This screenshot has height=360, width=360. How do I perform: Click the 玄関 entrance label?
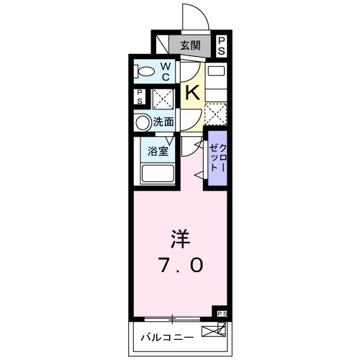(x=190, y=45)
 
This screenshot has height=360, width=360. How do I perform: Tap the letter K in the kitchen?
(x=192, y=92)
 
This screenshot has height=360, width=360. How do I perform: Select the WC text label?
(x=166, y=71)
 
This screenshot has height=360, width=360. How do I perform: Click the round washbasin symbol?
(x=143, y=122)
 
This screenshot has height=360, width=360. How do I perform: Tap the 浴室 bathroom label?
(x=158, y=151)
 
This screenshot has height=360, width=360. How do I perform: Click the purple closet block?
(x=217, y=157)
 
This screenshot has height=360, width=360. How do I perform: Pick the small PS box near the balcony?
(x=221, y=314)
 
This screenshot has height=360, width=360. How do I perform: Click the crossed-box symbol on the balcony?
(x=212, y=333)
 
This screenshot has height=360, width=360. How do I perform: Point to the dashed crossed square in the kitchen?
(x=215, y=114)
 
